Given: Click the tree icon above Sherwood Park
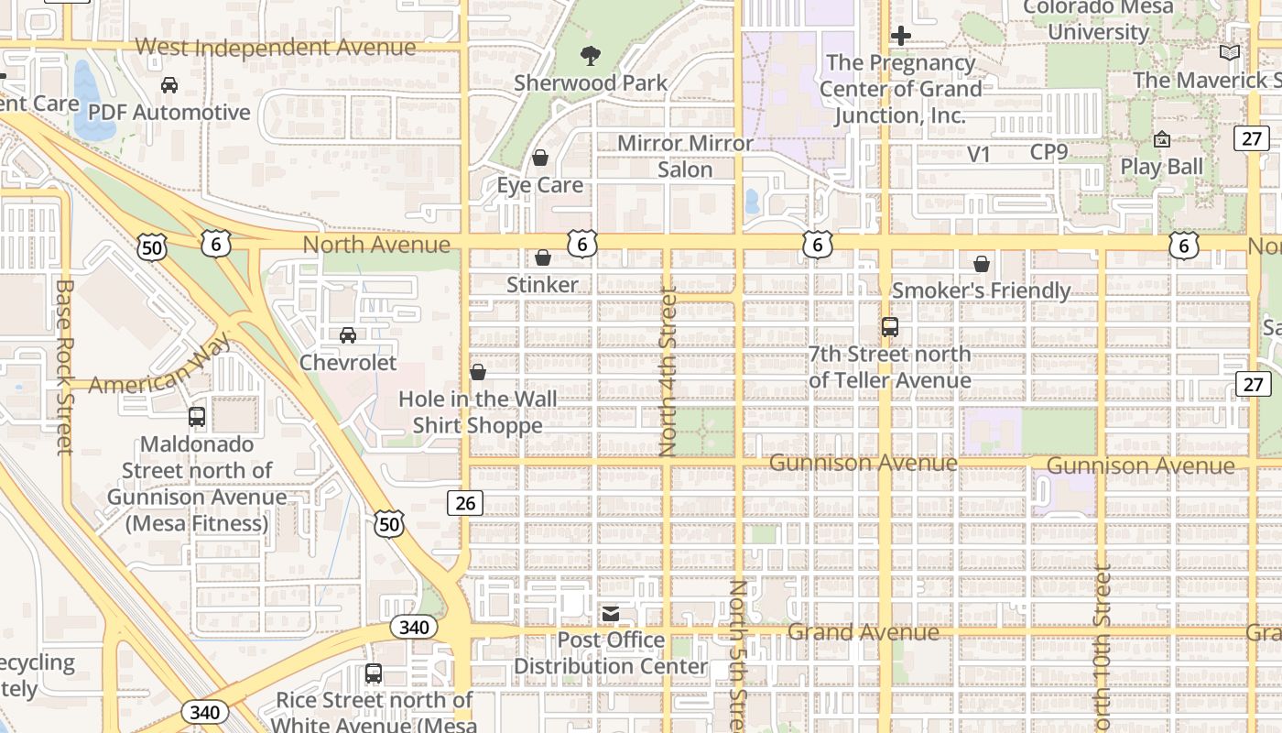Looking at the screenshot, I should (591, 56).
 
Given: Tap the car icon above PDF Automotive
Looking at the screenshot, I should (169, 85).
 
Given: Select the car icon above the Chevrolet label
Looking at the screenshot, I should (348, 335).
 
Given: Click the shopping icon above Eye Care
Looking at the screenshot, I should (540, 158).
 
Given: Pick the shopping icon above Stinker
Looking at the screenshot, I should (543, 257).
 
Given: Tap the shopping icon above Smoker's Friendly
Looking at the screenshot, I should (982, 264).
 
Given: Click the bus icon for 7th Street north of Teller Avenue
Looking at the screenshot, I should (889, 327).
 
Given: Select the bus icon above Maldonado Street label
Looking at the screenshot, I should (197, 417).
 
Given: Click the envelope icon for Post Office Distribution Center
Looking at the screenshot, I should (611, 613).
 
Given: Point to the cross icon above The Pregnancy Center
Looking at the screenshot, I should (901, 36).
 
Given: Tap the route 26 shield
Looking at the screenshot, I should (465, 502).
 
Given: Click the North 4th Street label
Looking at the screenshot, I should (668, 371).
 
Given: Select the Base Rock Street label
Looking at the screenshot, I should (64, 366).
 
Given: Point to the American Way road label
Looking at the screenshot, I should (160, 365).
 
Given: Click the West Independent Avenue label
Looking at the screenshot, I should (275, 47).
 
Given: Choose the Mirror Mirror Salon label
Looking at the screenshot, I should (685, 157).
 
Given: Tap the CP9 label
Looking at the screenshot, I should (1048, 152).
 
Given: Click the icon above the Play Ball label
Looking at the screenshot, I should (1162, 139).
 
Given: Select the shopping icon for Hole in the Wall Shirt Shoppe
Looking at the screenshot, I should (477, 372).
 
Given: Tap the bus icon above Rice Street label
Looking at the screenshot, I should (373, 673).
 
